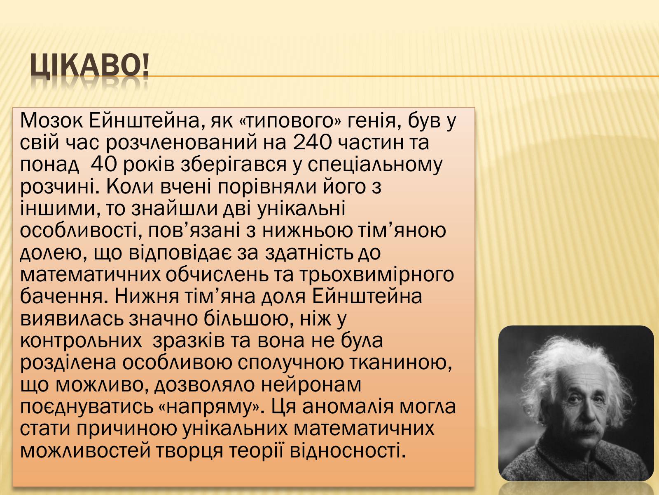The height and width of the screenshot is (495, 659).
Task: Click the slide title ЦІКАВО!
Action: coord(89,65)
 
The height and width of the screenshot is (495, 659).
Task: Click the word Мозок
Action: coord(51,121)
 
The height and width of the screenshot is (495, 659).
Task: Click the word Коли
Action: coord(131,187)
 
